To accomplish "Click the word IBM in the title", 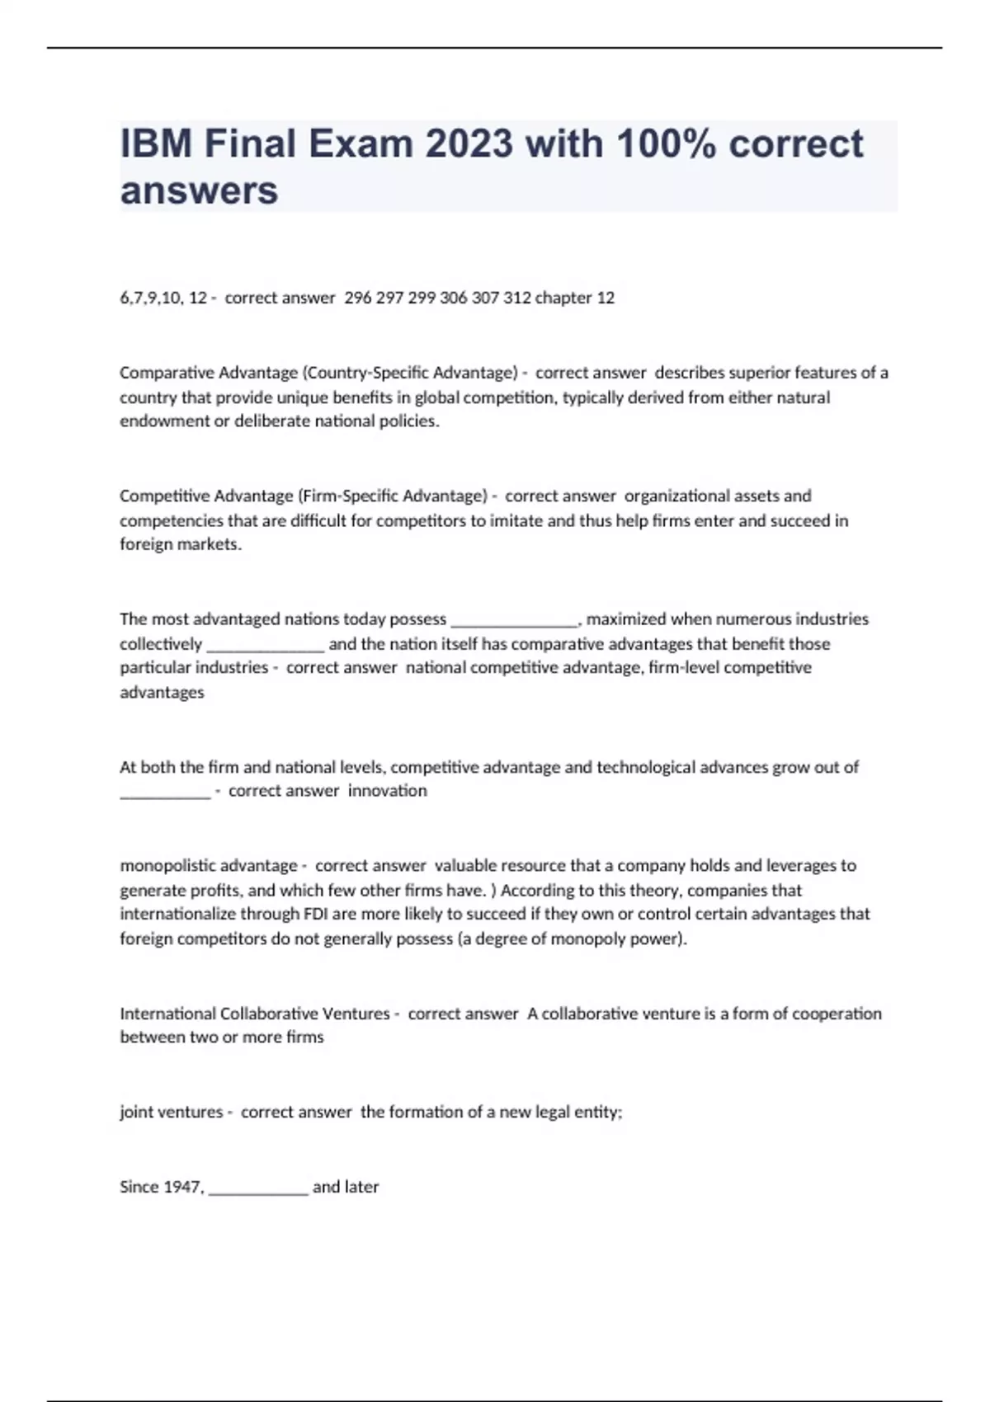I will tap(156, 143).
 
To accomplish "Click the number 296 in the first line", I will tap(357, 298).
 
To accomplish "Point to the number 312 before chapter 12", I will tap(516, 298).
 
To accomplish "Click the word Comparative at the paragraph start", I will tap(167, 373).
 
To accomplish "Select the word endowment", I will tap(164, 421).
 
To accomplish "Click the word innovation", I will tap(387, 791).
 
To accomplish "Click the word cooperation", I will tap(837, 1014).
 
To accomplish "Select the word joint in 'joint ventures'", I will tap(135, 1112).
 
